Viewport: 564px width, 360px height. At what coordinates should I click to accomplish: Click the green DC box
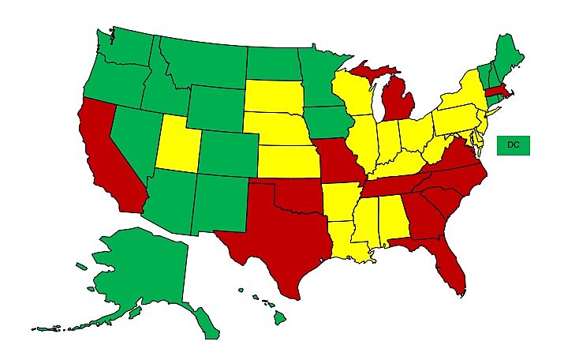[513, 145]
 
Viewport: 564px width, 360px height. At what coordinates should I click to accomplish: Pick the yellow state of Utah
[178, 142]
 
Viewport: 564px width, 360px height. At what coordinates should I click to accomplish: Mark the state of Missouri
[334, 162]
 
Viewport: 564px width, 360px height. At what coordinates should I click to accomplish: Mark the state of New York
[465, 95]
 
